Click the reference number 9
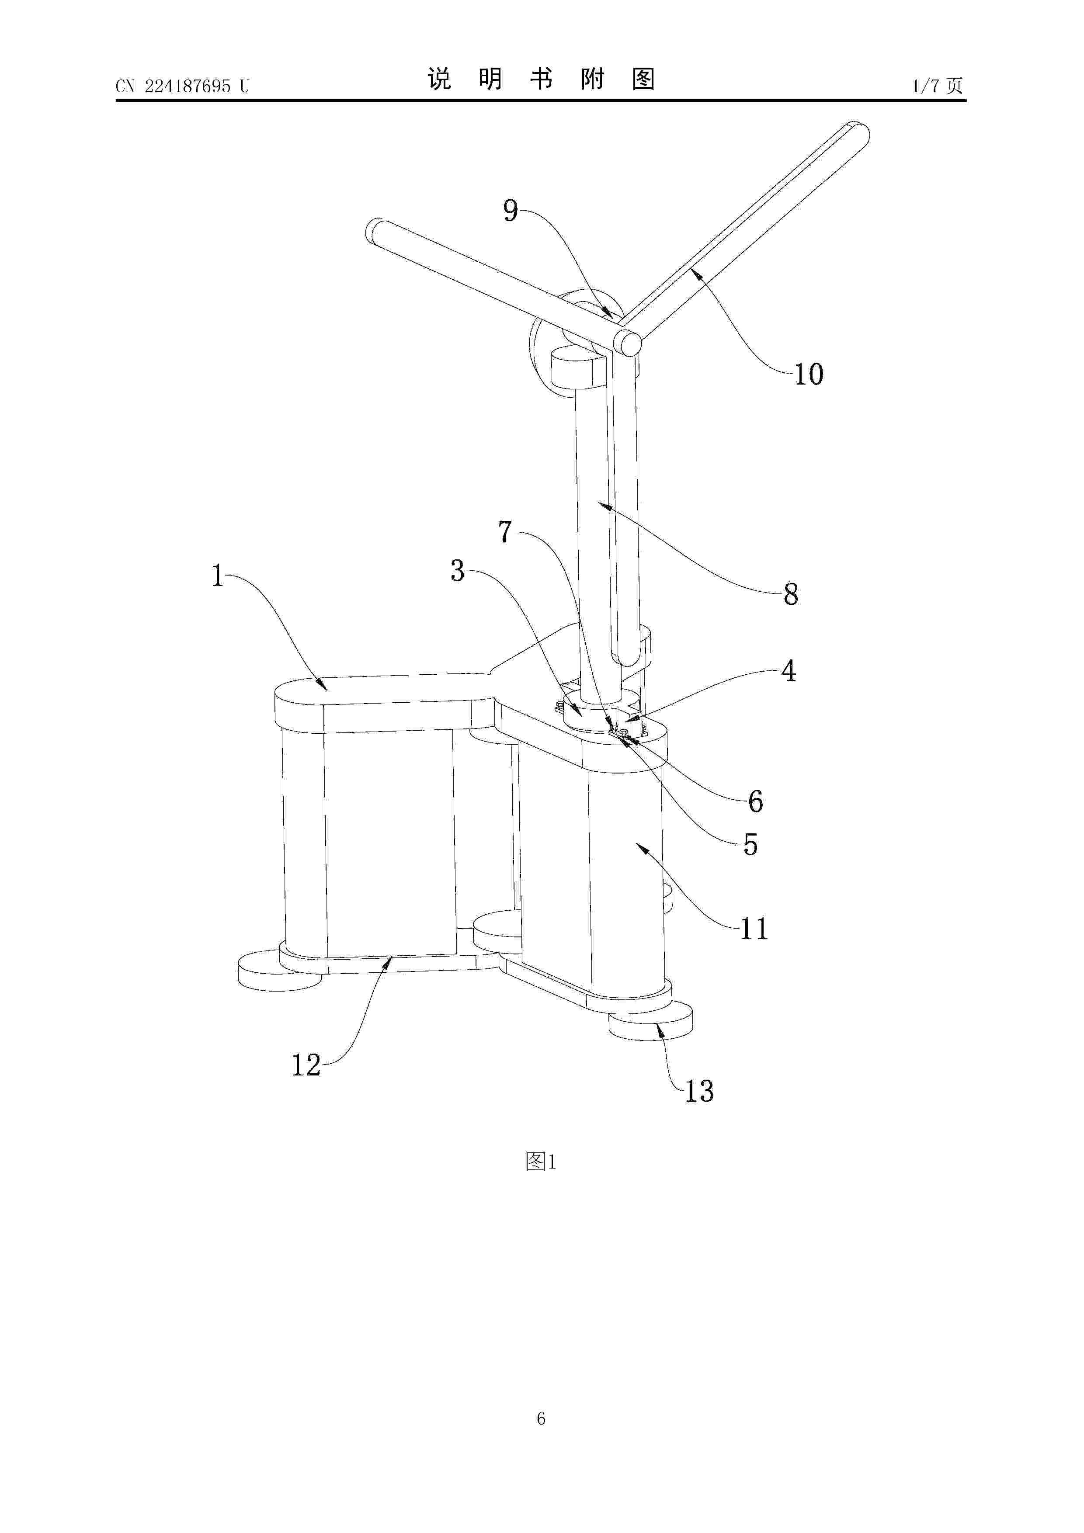click(x=511, y=211)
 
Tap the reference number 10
click(x=808, y=374)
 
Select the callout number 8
click(x=791, y=593)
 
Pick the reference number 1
click(x=218, y=576)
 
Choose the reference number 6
click(x=755, y=801)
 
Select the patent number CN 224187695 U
click(x=182, y=86)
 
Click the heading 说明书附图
click(x=541, y=79)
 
